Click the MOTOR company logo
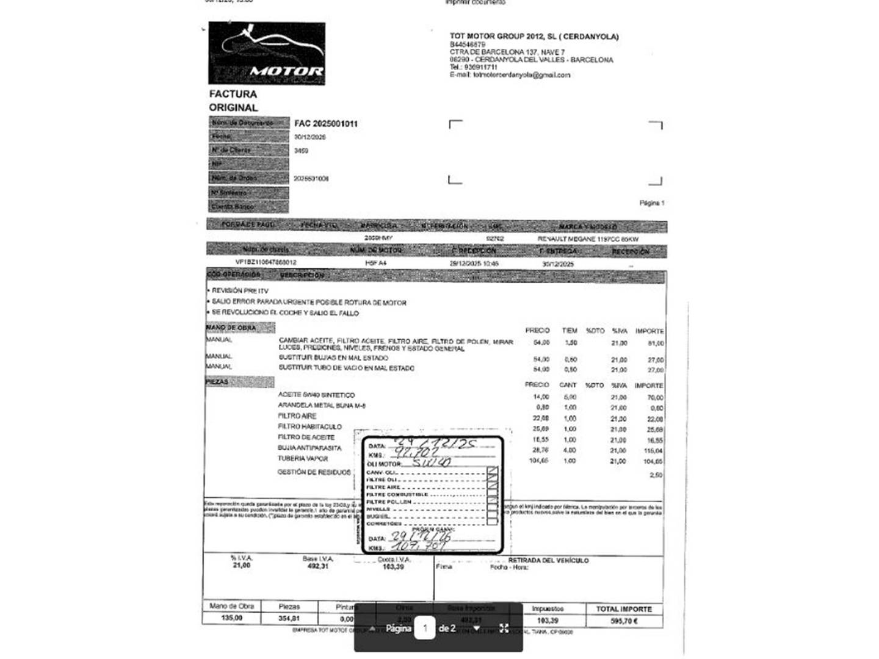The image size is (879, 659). [267, 53]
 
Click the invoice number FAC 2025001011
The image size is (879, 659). [326, 124]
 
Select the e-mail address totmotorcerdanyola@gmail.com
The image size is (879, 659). [521, 75]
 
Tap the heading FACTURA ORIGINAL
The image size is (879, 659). [233, 101]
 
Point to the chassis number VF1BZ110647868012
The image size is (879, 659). [266, 262]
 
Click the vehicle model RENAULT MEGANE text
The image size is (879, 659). [588, 239]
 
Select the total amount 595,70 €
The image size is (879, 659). [624, 621]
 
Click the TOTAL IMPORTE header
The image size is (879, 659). [624, 609]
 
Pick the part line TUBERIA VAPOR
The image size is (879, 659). [303, 459]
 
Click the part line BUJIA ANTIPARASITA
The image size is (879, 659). [309, 448]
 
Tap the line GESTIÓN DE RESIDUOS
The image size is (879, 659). [314, 472]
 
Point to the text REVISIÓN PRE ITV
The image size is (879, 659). [240, 291]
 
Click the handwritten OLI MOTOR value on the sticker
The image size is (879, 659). [432, 463]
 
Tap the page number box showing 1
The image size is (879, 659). [425, 628]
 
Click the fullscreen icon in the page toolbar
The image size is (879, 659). [504, 628]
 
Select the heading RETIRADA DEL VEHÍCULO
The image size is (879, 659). [548, 560]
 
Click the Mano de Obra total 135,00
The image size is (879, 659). [231, 618]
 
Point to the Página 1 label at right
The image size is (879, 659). [651, 203]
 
